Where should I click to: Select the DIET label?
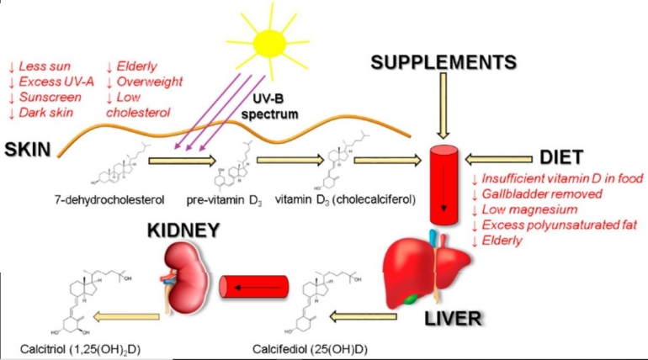pyautogui.click(x=570, y=156)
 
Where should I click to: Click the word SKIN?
pyautogui.click(x=27, y=149)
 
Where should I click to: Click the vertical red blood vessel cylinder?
pyautogui.click(x=443, y=188)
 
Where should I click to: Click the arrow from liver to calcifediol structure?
pyautogui.click(x=363, y=317)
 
